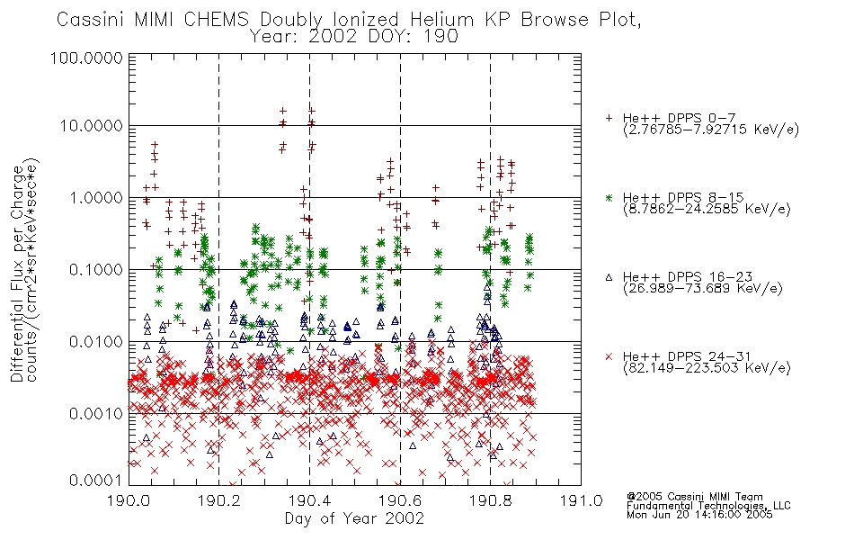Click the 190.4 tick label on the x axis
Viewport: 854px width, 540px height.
point(309,500)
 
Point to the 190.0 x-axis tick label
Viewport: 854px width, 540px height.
point(129,500)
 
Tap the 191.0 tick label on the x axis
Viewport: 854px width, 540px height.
point(581,500)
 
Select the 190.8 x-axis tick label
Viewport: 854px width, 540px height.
point(490,500)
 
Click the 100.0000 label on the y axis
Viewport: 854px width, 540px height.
point(86,58)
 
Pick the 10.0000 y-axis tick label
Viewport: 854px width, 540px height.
point(91,126)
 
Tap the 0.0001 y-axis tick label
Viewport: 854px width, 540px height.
point(96,481)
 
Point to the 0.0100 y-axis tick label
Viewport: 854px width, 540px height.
point(96,342)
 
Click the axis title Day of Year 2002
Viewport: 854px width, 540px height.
point(354,518)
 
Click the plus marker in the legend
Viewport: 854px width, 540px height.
point(609,118)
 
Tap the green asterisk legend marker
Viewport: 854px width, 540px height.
point(609,197)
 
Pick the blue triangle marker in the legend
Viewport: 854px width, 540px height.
point(609,277)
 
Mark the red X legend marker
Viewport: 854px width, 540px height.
point(609,356)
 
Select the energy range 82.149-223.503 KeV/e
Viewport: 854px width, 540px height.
point(707,368)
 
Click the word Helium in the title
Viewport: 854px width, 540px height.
point(441,19)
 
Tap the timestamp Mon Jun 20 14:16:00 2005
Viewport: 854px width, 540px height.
point(699,515)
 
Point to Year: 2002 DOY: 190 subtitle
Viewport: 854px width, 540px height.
point(354,37)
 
